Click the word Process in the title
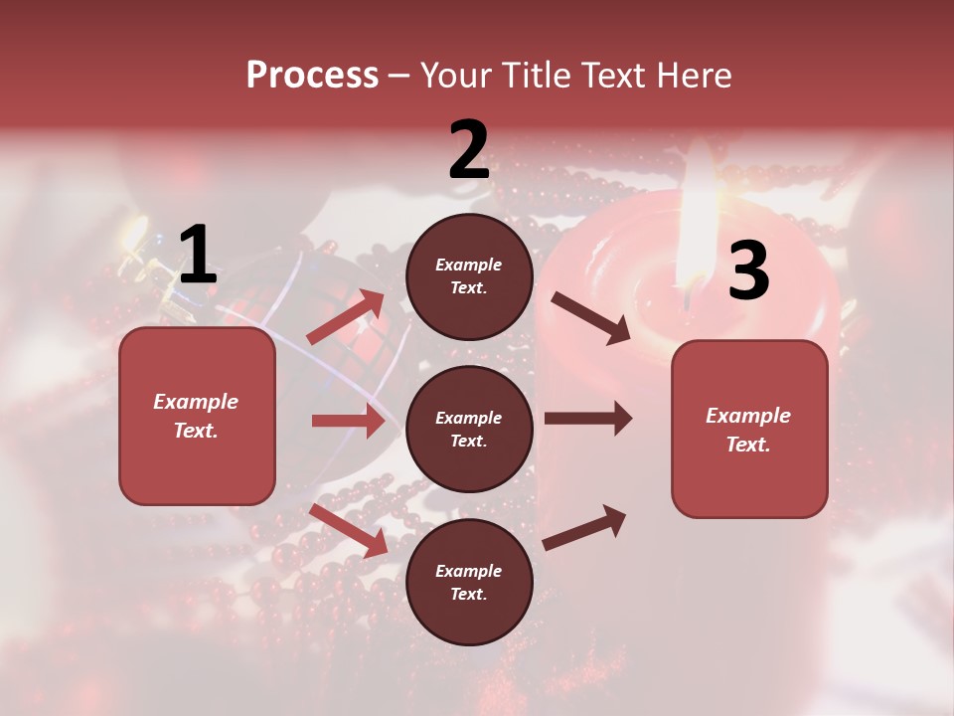tap(312, 75)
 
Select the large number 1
tap(197, 256)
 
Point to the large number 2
tap(468, 150)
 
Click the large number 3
tap(748, 270)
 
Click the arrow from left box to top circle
tap(347, 316)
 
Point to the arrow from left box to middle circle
tap(348, 421)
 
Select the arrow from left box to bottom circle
tap(349, 529)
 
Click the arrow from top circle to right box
tap(590, 318)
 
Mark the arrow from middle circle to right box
tap(587, 418)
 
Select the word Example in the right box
tap(748, 416)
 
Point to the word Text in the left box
tap(195, 431)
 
